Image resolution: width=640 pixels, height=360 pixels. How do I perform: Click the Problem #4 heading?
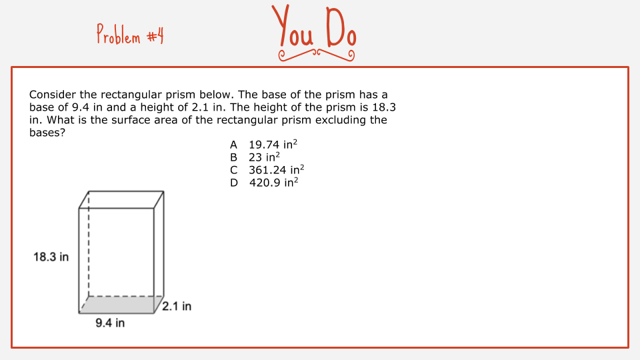pyautogui.click(x=130, y=34)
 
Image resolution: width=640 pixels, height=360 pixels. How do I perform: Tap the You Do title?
pyautogui.click(x=314, y=26)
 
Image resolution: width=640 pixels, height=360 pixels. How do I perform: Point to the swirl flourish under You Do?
pyautogui.click(x=316, y=55)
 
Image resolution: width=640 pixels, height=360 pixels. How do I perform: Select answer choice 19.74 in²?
pyautogui.click(x=273, y=145)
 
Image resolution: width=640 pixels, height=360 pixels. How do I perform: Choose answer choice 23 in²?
pyautogui.click(x=264, y=157)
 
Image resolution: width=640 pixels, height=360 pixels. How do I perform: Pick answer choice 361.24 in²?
pyautogui.click(x=276, y=170)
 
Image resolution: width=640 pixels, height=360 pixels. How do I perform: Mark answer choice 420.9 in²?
pyautogui.click(x=273, y=183)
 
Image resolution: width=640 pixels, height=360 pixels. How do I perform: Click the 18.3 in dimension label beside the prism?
pyautogui.click(x=51, y=257)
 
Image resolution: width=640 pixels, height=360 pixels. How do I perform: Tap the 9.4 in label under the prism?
pyautogui.click(x=110, y=323)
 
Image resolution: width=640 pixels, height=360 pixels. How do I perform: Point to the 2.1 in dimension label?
pyautogui.click(x=177, y=306)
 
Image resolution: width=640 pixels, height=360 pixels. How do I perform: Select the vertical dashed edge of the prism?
pyautogui.click(x=89, y=244)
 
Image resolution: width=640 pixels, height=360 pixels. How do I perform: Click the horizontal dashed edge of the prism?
pyautogui.click(x=126, y=296)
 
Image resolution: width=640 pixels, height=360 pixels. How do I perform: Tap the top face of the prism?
pyautogui.click(x=121, y=199)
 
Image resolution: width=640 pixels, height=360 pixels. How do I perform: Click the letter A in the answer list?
pyautogui.click(x=233, y=145)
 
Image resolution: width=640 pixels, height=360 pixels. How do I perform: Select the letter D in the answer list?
pyautogui.click(x=234, y=183)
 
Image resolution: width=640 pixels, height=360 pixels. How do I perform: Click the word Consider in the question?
pyautogui.click(x=53, y=95)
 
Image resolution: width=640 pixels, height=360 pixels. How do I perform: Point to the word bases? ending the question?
pyautogui.click(x=47, y=133)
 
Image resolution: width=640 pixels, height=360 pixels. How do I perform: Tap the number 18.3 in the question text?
pyautogui.click(x=384, y=107)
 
